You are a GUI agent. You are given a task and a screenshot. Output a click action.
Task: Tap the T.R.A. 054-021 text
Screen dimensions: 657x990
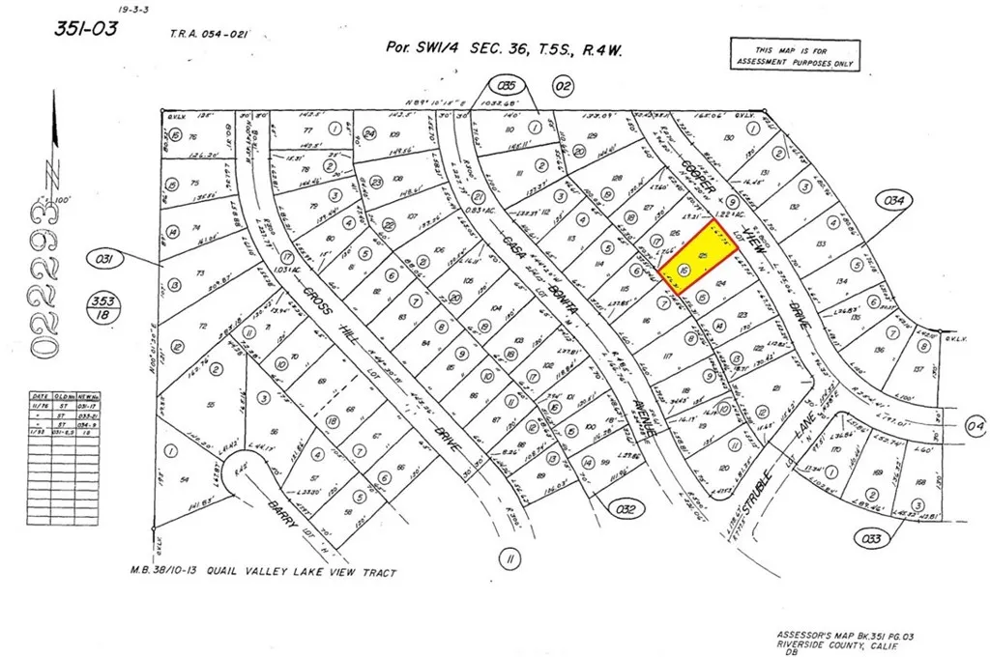tap(211, 34)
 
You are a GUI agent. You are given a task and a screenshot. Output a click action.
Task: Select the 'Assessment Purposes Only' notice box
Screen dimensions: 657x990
tap(791, 54)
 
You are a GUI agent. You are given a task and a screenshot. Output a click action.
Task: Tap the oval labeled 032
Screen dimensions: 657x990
tap(624, 506)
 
